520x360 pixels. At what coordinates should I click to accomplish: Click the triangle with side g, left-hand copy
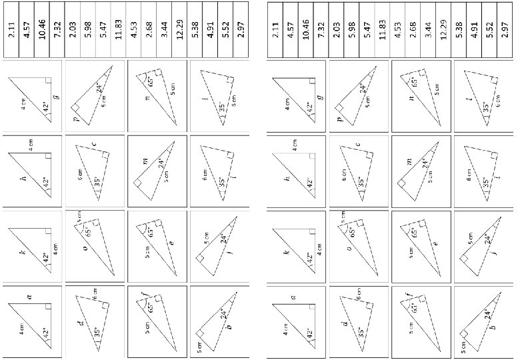(31, 97)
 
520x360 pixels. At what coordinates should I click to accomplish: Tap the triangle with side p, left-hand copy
(93, 97)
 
